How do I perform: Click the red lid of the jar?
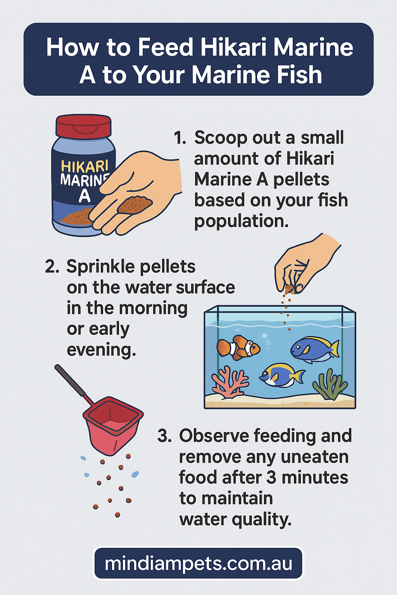click(83, 126)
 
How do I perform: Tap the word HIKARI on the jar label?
click(85, 167)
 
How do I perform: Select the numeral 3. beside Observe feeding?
click(164, 436)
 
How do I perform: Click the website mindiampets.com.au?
click(198, 563)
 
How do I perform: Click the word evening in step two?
click(101, 350)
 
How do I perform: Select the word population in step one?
click(241, 222)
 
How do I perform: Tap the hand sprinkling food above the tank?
click(306, 263)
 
